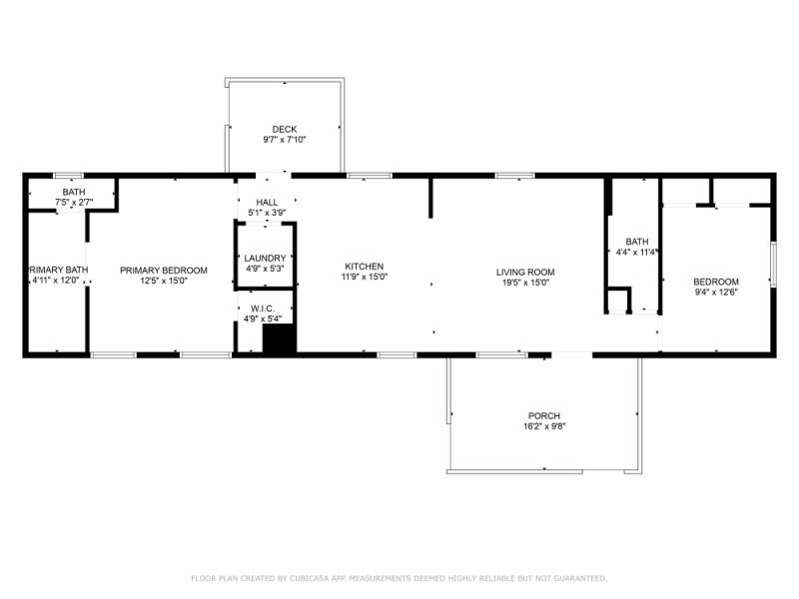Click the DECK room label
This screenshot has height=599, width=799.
pyautogui.click(x=285, y=129)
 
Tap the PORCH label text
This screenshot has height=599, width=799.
pyautogui.click(x=544, y=415)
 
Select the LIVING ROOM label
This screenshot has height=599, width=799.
pyautogui.click(x=525, y=272)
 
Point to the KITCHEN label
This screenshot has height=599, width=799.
pyautogui.click(x=364, y=267)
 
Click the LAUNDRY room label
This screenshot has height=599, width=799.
pyautogui.click(x=265, y=259)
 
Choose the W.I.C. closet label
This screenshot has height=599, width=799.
pyautogui.click(x=265, y=308)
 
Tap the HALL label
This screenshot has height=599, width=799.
pyautogui.click(x=267, y=203)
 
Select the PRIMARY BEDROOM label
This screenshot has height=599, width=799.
pyautogui.click(x=164, y=271)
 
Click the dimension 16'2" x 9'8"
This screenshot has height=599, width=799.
pyautogui.click(x=544, y=426)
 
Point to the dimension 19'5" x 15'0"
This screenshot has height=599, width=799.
pyautogui.click(x=525, y=283)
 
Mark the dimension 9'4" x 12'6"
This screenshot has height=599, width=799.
pyautogui.click(x=716, y=293)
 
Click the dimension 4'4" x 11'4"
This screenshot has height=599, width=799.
pyautogui.click(x=637, y=253)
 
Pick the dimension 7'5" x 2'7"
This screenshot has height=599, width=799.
pyautogui.click(x=74, y=203)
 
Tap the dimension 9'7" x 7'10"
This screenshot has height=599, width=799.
pyautogui.click(x=285, y=140)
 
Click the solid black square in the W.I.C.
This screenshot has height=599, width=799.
pyautogui.click(x=280, y=338)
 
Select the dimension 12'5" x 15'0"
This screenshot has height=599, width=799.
pyautogui.click(x=164, y=282)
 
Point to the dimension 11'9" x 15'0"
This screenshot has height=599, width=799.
pyautogui.click(x=364, y=278)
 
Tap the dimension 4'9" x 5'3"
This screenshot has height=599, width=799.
pyautogui.click(x=265, y=269)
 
